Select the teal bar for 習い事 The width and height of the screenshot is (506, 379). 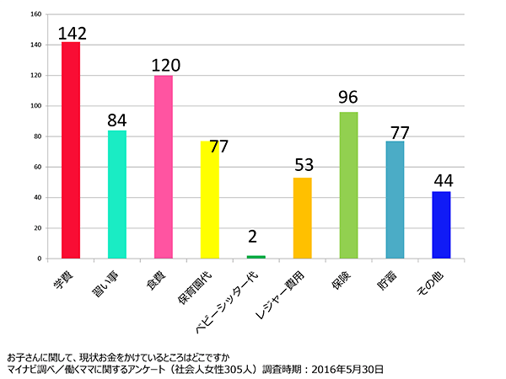[117, 195]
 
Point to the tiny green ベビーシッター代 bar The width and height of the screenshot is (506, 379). [256, 257]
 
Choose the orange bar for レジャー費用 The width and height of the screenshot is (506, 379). [302, 218]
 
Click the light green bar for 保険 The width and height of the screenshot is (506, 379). [348, 185]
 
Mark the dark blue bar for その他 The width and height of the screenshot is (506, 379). [441, 225]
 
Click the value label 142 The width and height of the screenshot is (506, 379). [73, 33]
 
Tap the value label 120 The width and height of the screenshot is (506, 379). [166, 66]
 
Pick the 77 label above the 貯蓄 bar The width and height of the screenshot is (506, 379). [398, 132]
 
